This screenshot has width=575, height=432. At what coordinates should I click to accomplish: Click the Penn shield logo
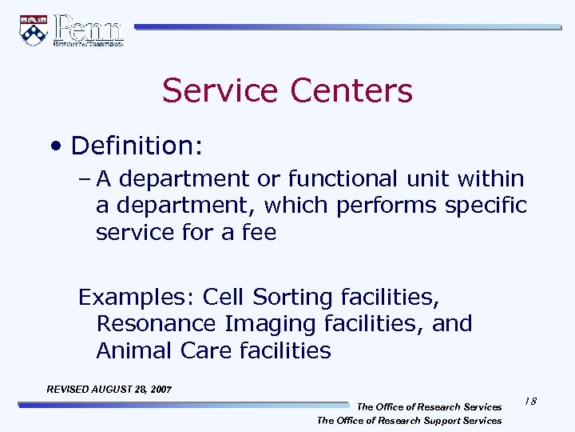[33, 30]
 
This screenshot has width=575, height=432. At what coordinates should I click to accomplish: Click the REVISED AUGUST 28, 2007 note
[109, 390]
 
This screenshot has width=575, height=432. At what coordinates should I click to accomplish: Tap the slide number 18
[530, 401]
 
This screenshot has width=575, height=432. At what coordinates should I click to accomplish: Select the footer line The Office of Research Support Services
[409, 420]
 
